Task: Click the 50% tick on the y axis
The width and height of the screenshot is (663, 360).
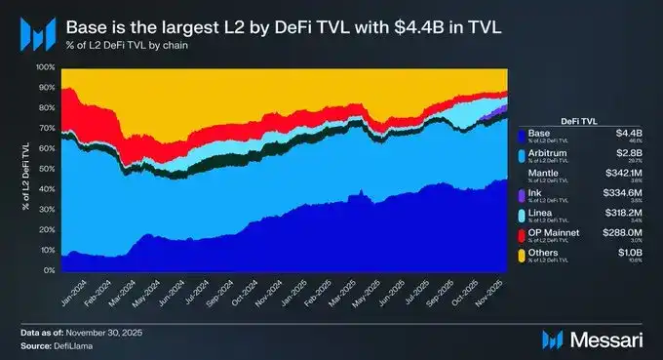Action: click(46, 168)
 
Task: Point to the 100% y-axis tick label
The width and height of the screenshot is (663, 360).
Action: click(44, 67)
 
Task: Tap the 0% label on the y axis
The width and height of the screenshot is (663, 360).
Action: click(48, 269)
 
